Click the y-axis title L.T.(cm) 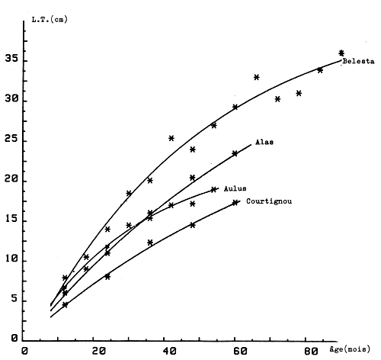46,18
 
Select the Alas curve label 264,143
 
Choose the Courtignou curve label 269,201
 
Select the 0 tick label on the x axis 25,351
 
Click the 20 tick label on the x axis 98,351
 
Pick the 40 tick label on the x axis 169,351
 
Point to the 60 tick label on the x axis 240,351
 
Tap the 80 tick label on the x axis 311,351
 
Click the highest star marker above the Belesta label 341,53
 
